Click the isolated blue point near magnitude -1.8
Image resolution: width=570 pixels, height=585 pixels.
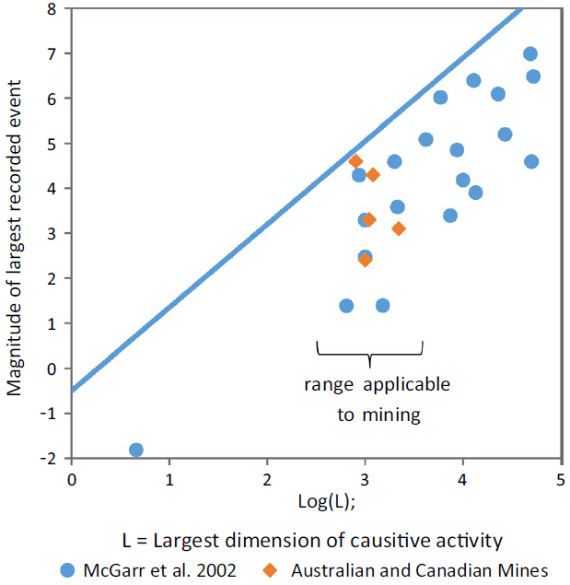[x=136, y=450]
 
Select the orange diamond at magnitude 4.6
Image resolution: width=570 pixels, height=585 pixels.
[x=356, y=161]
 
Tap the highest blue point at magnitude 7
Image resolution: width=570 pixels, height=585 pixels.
[x=530, y=54]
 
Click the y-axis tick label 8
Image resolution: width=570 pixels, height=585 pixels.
[x=52, y=9]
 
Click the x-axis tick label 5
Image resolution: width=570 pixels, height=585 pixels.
[x=561, y=479]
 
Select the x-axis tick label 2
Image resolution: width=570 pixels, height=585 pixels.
[x=267, y=479]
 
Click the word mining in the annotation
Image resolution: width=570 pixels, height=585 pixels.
[x=392, y=415]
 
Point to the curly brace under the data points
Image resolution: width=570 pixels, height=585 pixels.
[x=369, y=351]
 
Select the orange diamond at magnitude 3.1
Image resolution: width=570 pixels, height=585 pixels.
[x=399, y=228]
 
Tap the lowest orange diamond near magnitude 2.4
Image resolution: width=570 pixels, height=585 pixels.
[x=365, y=260]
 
